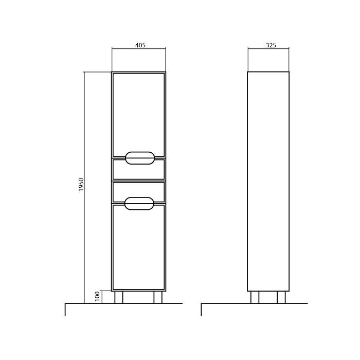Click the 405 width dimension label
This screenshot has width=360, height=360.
tap(140, 45)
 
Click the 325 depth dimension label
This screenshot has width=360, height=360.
tap(271, 45)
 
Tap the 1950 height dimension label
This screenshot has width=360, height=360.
tap(81, 185)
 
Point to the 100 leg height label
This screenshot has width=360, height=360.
tap(97, 296)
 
